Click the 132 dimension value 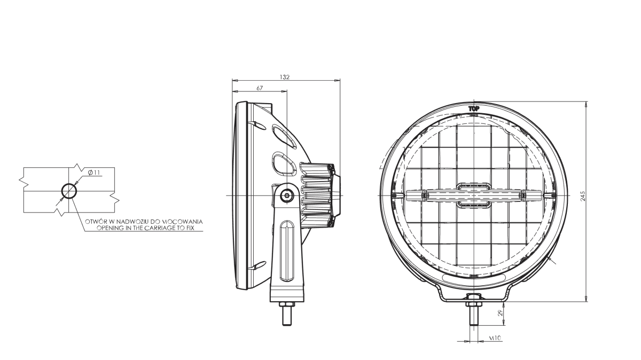pyautogui.click(x=284, y=77)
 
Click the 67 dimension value pyautogui.click(x=259, y=88)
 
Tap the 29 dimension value pyautogui.click(x=500, y=314)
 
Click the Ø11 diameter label pyautogui.click(x=93, y=172)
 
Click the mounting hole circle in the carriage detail pyautogui.click(x=69, y=191)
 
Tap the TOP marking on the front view pyautogui.click(x=473, y=109)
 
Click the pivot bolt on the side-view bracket pyautogui.click(x=287, y=196)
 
